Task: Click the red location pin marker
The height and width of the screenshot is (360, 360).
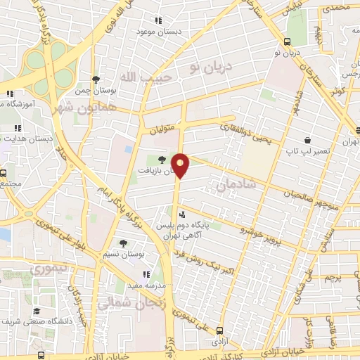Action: pyautogui.click(x=181, y=165)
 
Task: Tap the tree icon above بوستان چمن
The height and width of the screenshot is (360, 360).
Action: pyautogui.click(x=96, y=79)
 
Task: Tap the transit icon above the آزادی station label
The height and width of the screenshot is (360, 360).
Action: pyautogui.click(x=219, y=330)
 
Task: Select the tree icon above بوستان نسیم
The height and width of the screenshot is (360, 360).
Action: pyautogui.click(x=124, y=243)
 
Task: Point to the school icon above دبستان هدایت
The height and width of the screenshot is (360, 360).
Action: pyautogui.click(x=18, y=128)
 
